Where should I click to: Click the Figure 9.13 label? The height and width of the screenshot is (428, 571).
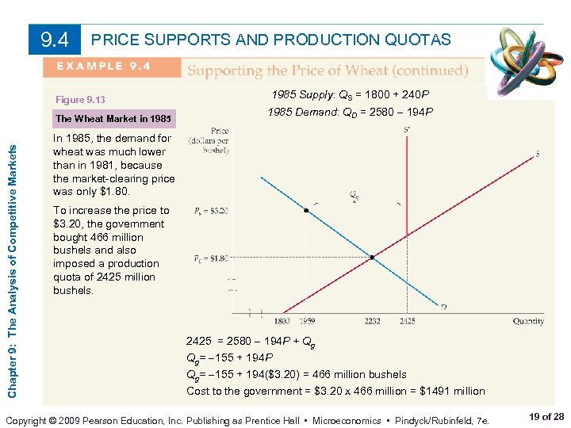80,100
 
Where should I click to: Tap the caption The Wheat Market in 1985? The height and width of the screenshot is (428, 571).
113,119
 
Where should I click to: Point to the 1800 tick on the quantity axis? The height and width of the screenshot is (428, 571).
282,321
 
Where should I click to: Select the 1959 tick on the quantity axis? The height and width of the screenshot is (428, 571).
307,321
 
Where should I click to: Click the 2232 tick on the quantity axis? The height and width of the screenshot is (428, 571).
372,321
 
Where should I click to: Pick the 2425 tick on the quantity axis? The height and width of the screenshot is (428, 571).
407,321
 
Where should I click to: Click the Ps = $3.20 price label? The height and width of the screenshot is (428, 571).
211,212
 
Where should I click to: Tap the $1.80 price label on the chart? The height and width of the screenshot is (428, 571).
211,258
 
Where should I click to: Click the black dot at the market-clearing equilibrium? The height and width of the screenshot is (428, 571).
372,258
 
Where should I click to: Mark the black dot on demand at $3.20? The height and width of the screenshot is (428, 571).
306,212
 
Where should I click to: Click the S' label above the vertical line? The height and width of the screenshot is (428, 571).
407,129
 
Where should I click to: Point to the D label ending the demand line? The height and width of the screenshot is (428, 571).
443,307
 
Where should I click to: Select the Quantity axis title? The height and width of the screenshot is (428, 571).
527,321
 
